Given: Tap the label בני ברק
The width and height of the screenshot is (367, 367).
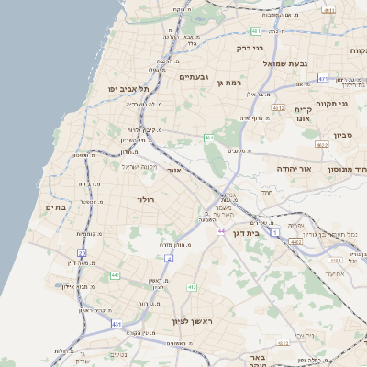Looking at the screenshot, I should pyautogui.click(x=250, y=48).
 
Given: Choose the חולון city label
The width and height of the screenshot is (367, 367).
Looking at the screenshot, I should pyautogui.click(x=147, y=199).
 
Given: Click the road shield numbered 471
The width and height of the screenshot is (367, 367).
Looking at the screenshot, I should pyautogui.click(x=323, y=79).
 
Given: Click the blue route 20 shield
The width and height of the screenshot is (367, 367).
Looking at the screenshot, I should pyautogui.click(x=82, y=253).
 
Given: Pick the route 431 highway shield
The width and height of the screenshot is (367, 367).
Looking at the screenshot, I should pyautogui.click(x=117, y=324).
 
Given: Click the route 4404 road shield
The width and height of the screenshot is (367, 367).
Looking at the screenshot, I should pyautogui.click(x=295, y=241).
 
